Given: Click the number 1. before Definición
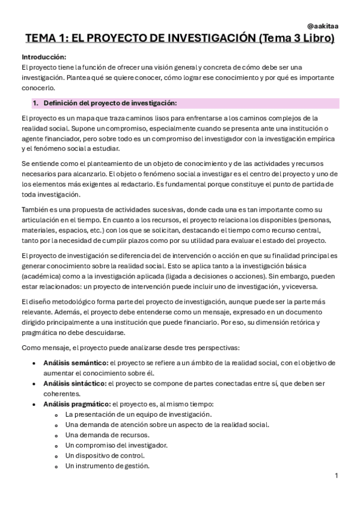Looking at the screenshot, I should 35,103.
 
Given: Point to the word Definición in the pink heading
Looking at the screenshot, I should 62,103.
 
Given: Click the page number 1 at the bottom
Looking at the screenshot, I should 337,476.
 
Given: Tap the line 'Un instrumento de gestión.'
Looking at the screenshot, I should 108,465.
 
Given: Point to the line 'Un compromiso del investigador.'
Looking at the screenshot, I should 117,445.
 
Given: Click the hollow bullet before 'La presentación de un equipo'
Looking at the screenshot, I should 56,415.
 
